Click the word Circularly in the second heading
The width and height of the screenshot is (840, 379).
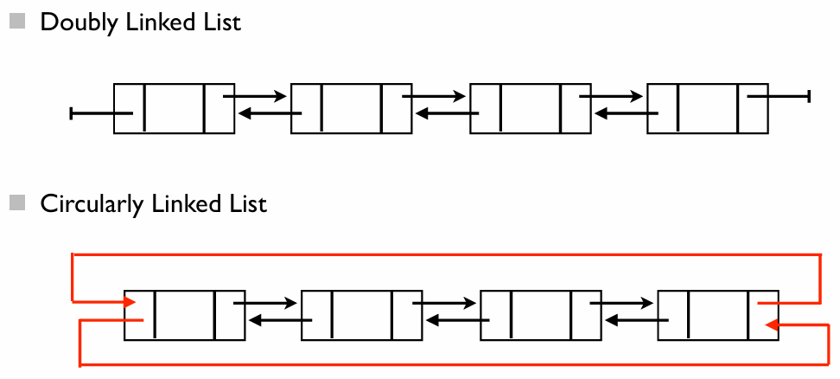pyautogui.click(x=92, y=205)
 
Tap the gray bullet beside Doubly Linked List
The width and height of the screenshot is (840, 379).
pyautogui.click(x=17, y=22)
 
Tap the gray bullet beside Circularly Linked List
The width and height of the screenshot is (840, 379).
pyautogui.click(x=17, y=202)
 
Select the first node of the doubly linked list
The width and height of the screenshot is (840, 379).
pyautogui.click(x=174, y=108)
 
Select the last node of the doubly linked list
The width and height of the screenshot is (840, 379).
pyautogui.click(x=708, y=108)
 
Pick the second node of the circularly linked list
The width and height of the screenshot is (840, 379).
pyautogui.click(x=361, y=315)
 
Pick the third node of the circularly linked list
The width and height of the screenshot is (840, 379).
pyautogui.click(x=541, y=315)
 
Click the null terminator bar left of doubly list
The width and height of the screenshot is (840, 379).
pyautogui.click(x=71, y=113)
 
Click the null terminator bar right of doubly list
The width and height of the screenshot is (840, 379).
pyautogui.click(x=808, y=97)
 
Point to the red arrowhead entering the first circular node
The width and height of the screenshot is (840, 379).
pyautogui.click(x=130, y=303)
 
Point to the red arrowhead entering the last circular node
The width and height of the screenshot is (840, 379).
pyautogui.click(x=772, y=324)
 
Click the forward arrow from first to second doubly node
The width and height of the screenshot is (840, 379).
pyautogui.click(x=255, y=97)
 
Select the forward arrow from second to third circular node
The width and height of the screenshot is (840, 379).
pyautogui.click(x=444, y=303)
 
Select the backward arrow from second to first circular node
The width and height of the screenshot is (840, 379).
pyautogui.click(x=281, y=320)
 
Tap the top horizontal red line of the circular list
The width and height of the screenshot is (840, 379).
pyautogui.click(x=446, y=254)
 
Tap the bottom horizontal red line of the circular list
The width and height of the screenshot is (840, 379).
pyautogui.click(x=455, y=365)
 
